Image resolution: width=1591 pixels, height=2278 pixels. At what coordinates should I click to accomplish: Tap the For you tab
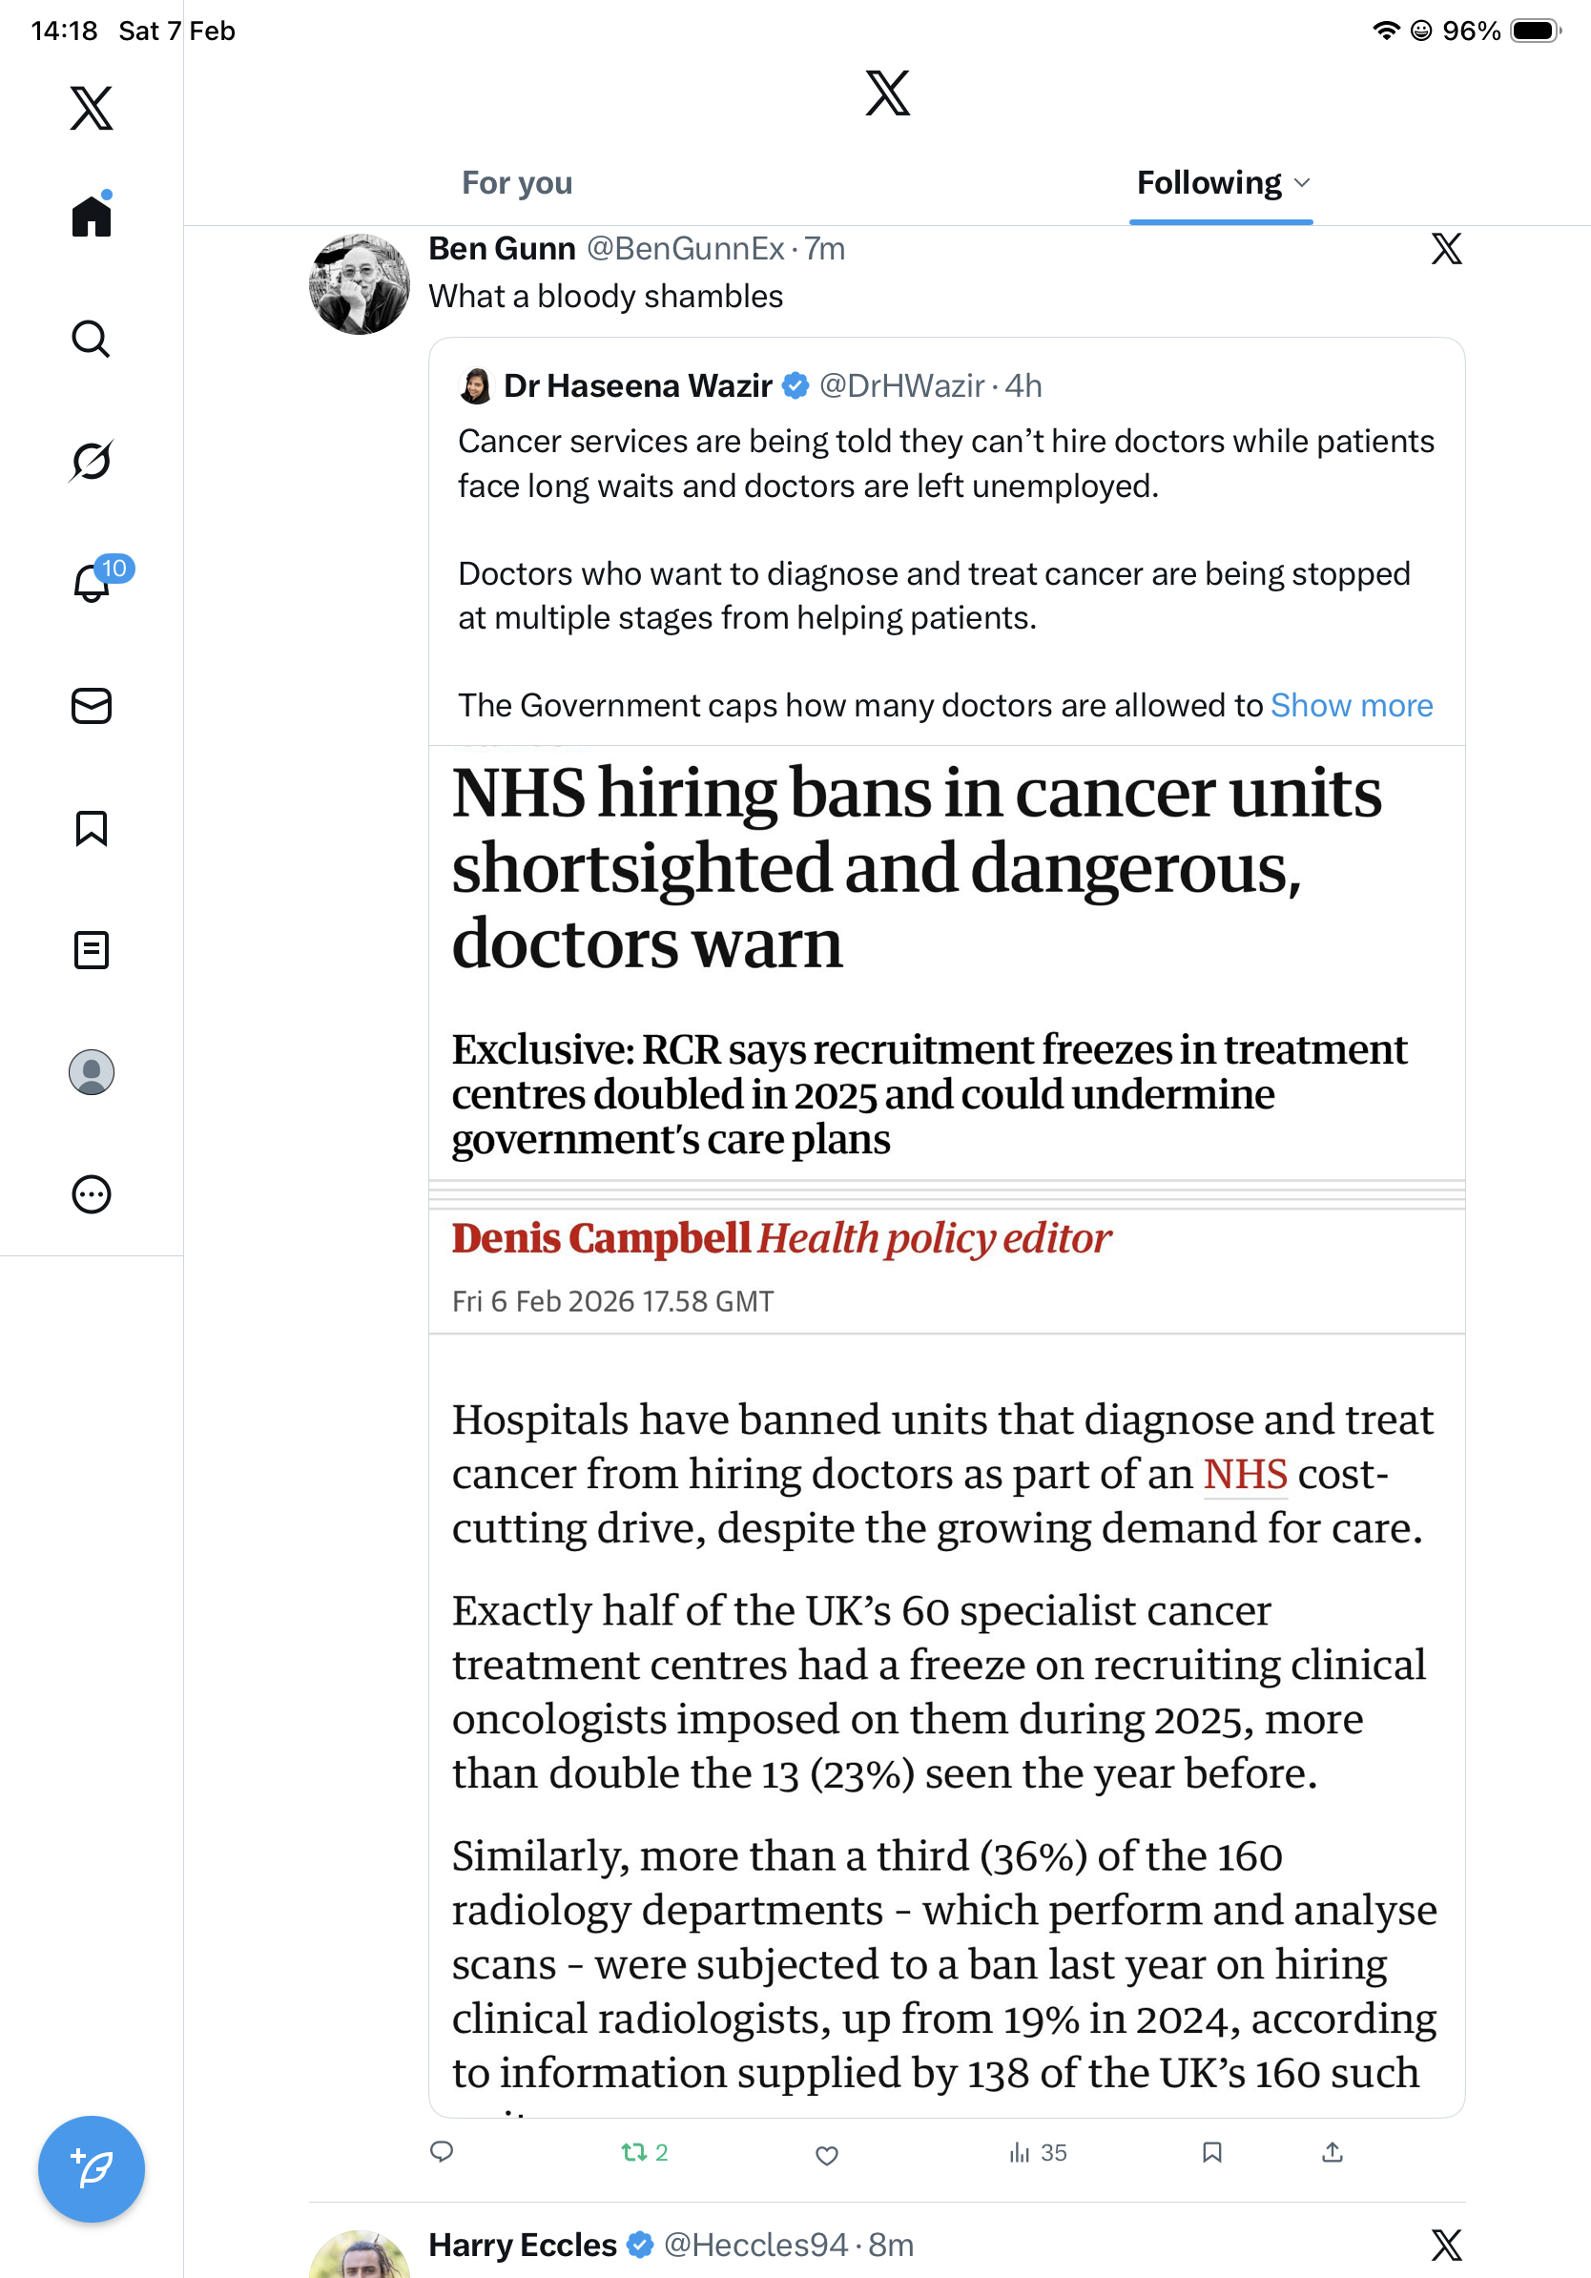[x=517, y=183]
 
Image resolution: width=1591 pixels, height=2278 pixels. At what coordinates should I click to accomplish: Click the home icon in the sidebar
[x=92, y=216]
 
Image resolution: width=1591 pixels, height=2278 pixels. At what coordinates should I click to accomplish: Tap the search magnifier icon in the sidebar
[x=92, y=339]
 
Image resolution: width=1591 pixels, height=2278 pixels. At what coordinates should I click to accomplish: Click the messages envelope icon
[x=92, y=705]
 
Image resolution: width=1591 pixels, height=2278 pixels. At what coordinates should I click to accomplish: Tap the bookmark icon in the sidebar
[x=92, y=827]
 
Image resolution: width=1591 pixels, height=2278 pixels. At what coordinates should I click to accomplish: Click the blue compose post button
[x=92, y=2168]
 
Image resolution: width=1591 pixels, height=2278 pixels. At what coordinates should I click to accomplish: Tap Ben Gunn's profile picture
[x=359, y=284]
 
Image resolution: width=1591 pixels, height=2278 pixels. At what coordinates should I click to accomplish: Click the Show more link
[x=1351, y=705]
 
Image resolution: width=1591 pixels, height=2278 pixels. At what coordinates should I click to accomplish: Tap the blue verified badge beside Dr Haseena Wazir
[x=795, y=385]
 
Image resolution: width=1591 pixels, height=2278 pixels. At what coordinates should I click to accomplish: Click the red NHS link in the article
[x=1245, y=1475]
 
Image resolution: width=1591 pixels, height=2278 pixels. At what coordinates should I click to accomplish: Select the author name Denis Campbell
[x=601, y=1238]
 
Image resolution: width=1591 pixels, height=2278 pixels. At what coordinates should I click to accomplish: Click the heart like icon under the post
[x=826, y=2154]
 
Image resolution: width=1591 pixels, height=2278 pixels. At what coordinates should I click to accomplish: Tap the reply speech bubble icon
[x=443, y=2152]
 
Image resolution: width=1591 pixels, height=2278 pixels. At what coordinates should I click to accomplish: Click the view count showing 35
[x=1038, y=2152]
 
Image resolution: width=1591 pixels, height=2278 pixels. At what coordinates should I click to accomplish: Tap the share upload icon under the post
[x=1333, y=2152]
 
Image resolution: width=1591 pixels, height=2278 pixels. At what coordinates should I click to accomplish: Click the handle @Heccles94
[x=754, y=2245]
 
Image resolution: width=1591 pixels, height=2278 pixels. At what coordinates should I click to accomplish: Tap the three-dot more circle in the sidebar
[x=92, y=1193]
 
